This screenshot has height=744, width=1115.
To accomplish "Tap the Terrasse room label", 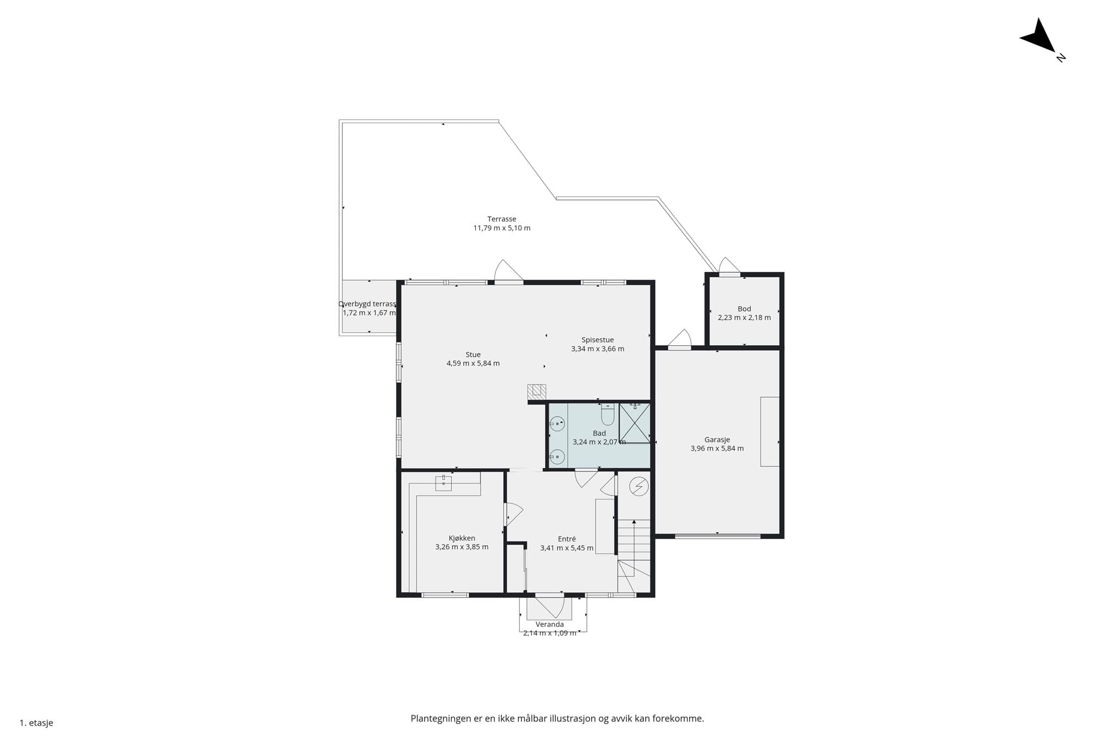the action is coord(501,219).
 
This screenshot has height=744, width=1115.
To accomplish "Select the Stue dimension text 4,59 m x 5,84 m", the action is coord(473,363).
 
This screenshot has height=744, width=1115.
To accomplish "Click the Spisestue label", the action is coord(597,340).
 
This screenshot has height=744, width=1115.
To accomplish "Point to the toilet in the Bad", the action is coord(608,414).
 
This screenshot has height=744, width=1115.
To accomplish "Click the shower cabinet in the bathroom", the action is coord(635,423).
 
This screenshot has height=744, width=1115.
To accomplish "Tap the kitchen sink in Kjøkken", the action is coord(443,483).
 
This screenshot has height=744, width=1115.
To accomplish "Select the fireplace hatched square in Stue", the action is coord(536,391).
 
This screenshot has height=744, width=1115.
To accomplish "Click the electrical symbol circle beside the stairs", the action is coord(639,486).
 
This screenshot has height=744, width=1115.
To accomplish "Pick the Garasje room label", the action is coord(717,440).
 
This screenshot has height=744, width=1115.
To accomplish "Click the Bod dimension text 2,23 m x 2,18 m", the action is coord(744,318).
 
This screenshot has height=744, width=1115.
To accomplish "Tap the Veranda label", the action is coord(549,624).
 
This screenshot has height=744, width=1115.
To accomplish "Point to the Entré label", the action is coord(567,539).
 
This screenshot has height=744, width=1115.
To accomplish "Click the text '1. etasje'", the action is coord(36,723).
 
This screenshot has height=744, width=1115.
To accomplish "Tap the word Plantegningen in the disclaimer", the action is coord(441,718).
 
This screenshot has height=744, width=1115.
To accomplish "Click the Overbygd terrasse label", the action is coord(367,304).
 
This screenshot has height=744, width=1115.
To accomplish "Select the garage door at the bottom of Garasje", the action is coord(718,536).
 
